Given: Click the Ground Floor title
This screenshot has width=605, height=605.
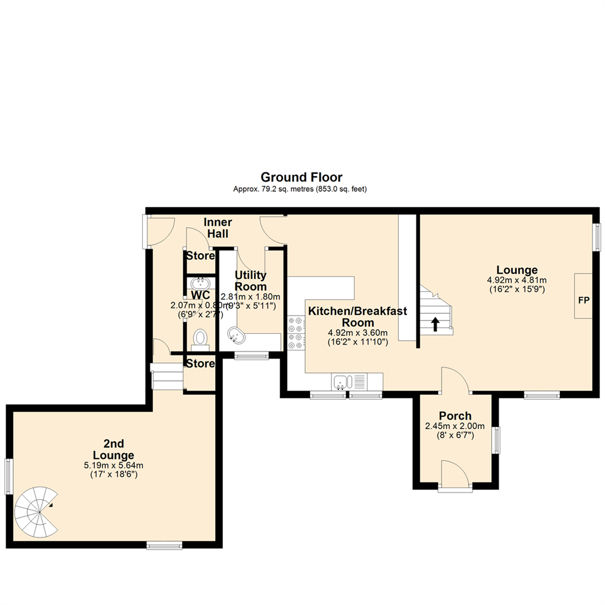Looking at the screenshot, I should tap(301, 178).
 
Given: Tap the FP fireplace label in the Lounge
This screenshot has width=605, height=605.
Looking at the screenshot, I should tap(583, 300).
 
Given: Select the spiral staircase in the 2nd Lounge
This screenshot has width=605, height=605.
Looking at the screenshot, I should tap(36, 510).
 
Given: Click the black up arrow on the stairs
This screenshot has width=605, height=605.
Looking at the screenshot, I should tap(435, 324).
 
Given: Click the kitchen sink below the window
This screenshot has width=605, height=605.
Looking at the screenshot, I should tap(340, 382).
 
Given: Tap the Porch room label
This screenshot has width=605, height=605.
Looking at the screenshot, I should tap(455, 416).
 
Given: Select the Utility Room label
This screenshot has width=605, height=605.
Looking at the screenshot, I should tap(250, 281).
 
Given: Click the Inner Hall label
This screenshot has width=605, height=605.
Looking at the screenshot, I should tap(218, 227).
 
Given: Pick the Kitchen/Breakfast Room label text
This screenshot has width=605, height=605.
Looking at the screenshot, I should tap(357, 317).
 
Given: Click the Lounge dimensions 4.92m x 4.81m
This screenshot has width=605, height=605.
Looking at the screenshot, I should tap(516, 280).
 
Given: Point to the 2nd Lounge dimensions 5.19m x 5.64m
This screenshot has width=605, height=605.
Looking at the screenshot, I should tap(114, 464).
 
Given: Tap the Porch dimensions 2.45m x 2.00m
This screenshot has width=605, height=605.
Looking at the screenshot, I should tap(455, 426).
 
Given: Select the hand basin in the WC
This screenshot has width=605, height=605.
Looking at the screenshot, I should tap(199, 283).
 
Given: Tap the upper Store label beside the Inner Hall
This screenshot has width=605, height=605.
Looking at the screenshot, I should tap(201, 256).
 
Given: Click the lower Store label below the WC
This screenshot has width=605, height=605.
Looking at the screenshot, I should tap(201, 364).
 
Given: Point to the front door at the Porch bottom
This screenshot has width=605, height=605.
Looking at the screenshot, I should tap(455, 476).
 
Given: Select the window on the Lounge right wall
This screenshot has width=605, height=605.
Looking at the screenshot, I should tap(597, 238).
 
